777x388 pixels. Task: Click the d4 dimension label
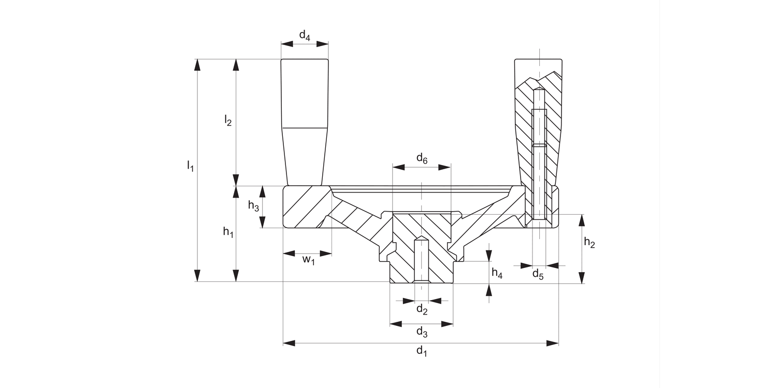[x=305, y=36]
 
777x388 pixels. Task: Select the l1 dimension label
[x=190, y=167]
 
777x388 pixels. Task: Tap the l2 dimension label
[x=228, y=121]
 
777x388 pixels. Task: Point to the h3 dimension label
[x=253, y=206]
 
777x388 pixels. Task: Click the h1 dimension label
[x=228, y=232]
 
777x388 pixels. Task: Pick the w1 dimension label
[x=309, y=260]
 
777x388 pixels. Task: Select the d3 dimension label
[x=422, y=332]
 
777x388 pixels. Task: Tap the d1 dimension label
[x=422, y=351]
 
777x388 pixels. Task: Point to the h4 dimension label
[x=497, y=274]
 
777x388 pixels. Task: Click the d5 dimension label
[x=538, y=275]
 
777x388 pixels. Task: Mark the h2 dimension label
[x=589, y=242]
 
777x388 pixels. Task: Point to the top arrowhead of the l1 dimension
[x=196, y=64]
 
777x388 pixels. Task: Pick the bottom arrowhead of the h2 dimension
[x=582, y=279]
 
